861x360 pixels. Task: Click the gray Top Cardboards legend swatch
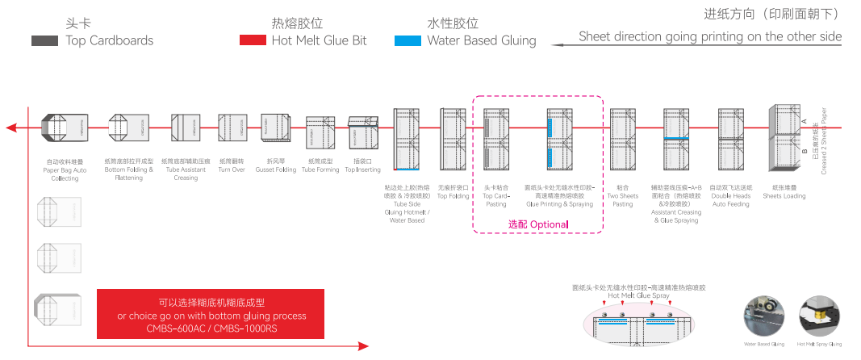tap(44, 40)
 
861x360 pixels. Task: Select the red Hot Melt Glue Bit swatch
tap(253, 40)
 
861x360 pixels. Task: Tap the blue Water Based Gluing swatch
tap(408, 40)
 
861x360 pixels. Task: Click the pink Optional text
tap(537, 224)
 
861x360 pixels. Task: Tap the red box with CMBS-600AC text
tap(210, 314)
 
